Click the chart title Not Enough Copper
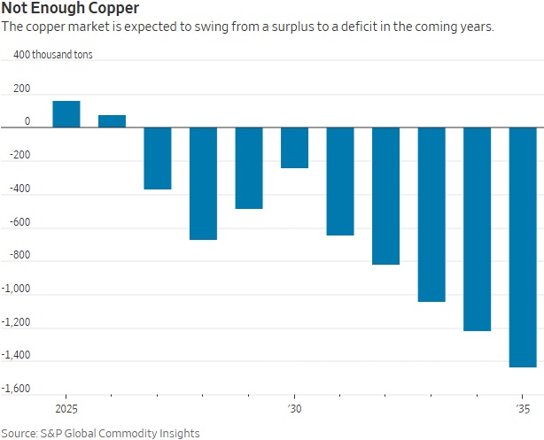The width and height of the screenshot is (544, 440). coord(70,10)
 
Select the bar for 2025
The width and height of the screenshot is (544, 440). coord(66,114)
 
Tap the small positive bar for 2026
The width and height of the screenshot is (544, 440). coord(112,121)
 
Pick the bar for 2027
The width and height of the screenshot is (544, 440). coord(158,158)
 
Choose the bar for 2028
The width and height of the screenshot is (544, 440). coord(203,183)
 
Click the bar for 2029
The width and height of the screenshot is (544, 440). coord(249,168)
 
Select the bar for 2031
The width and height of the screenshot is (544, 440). coord(340,181)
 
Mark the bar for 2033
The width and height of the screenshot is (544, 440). coord(431,214)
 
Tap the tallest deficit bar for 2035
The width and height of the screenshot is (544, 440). coord(523,247)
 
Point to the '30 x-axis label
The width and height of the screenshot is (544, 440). coord(293,410)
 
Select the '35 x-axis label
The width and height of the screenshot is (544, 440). coord(523,410)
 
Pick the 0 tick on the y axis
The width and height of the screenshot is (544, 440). coord(27,122)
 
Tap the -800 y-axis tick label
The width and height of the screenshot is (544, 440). coord(19,256)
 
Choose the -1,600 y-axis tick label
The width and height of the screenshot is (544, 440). coord(16,389)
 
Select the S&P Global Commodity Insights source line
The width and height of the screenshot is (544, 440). coord(100,433)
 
